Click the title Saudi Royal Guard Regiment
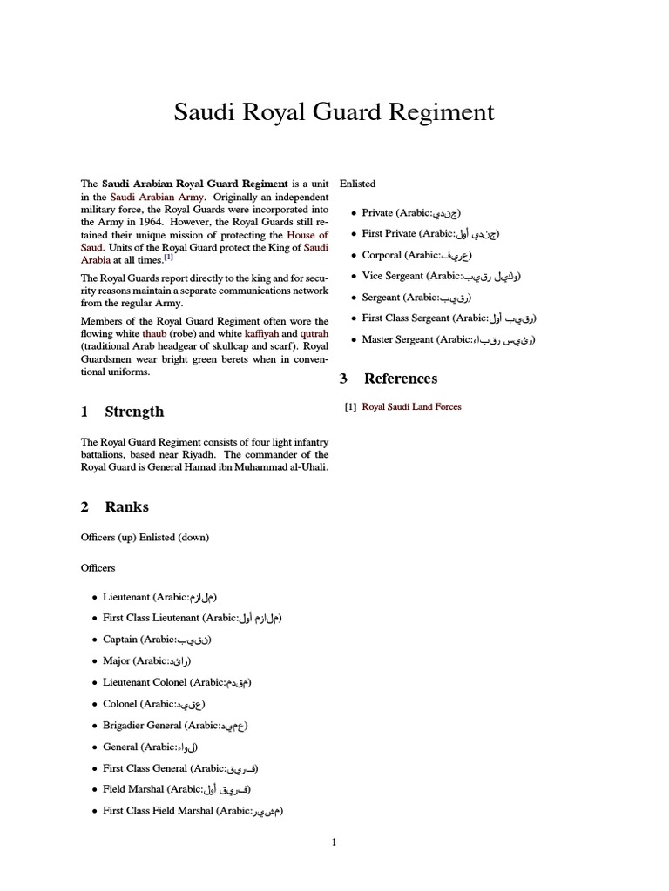tap(334, 112)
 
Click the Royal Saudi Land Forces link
tap(411, 406)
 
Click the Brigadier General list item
tap(169, 726)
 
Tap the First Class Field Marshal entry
tap(193, 811)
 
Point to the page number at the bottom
tap(334, 841)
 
